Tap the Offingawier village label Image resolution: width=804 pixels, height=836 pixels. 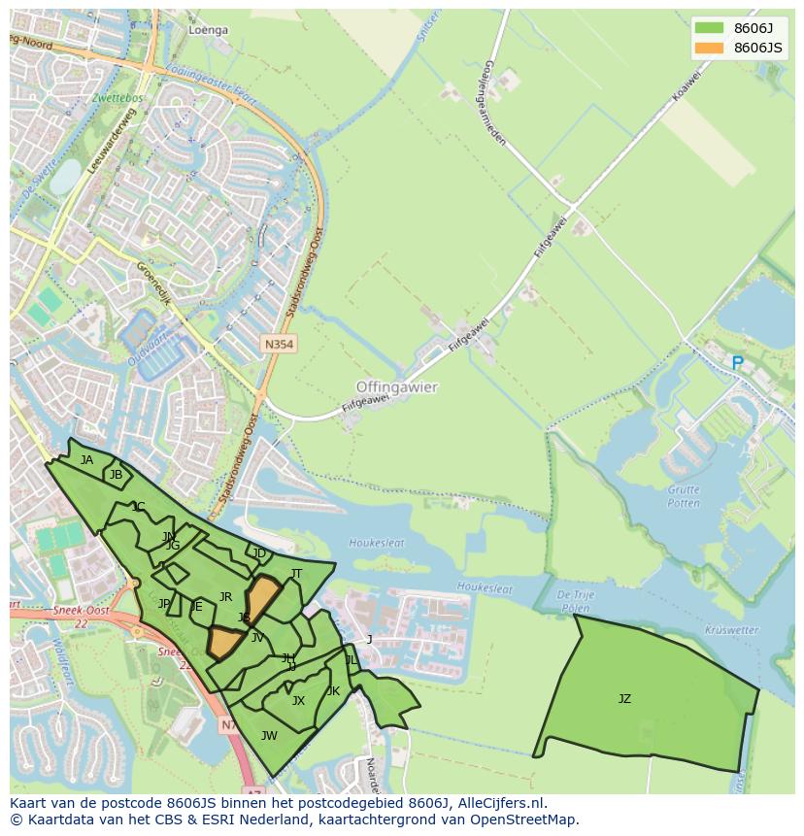coord(397,386)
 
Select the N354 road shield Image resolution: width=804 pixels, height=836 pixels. coord(278,344)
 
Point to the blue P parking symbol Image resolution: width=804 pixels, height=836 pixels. coord(737,363)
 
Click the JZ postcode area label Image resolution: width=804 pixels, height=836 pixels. coord(624,698)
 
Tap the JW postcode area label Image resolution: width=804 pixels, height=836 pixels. coord(269,735)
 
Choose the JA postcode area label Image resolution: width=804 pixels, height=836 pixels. coord(87,459)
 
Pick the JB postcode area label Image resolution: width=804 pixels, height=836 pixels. coord(117,475)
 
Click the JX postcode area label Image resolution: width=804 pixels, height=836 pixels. coord(298,700)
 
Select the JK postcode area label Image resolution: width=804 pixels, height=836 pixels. coord(333,690)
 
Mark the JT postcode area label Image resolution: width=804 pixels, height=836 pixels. coord(296,573)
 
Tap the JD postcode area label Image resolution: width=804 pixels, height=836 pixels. coord(259,553)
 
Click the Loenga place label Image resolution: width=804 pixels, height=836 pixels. coord(208,30)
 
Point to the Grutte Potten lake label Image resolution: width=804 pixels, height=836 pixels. coord(684,496)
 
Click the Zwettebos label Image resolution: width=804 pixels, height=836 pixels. coord(117,98)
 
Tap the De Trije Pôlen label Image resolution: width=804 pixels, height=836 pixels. coord(575,600)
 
